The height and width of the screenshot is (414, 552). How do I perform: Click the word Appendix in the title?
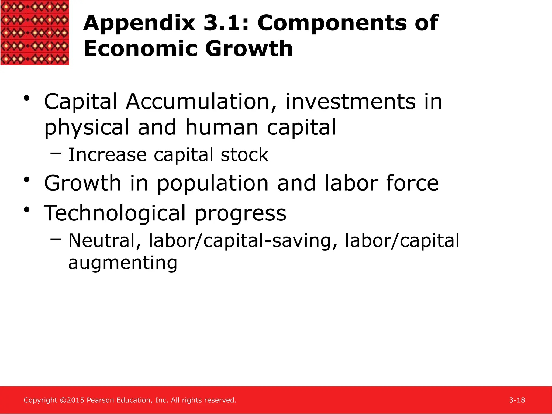[x=139, y=24]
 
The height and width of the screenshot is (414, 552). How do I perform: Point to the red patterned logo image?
[x=34, y=32]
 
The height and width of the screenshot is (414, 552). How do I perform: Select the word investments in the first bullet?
[x=350, y=102]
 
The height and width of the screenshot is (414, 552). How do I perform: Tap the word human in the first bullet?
[x=222, y=127]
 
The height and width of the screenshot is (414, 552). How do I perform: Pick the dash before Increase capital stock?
[x=56, y=153]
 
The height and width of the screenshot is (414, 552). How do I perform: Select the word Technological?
[x=115, y=213]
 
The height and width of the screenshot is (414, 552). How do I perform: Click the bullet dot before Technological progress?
[x=26, y=209]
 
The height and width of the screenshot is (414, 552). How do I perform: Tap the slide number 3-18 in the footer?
[x=517, y=400]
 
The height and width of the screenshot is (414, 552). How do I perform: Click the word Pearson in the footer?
[x=101, y=400]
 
